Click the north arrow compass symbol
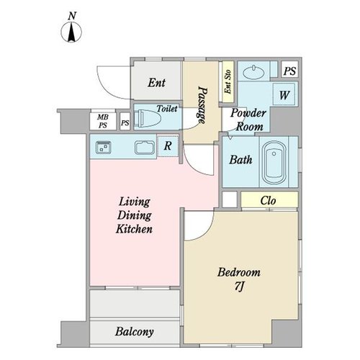(71, 32)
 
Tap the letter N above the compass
(72, 16)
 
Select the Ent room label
(156, 83)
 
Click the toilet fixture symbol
(147, 118)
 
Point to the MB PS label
(103, 121)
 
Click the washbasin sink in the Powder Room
(253, 72)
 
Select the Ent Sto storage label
(228, 82)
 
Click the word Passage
(202, 105)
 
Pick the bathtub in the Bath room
(274, 163)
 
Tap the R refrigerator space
(168, 145)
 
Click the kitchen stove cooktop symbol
(103, 147)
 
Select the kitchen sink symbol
(145, 148)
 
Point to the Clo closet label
(268, 201)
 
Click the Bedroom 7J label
(239, 279)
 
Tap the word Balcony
(135, 332)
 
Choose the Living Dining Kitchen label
(134, 215)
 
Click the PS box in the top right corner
(289, 71)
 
